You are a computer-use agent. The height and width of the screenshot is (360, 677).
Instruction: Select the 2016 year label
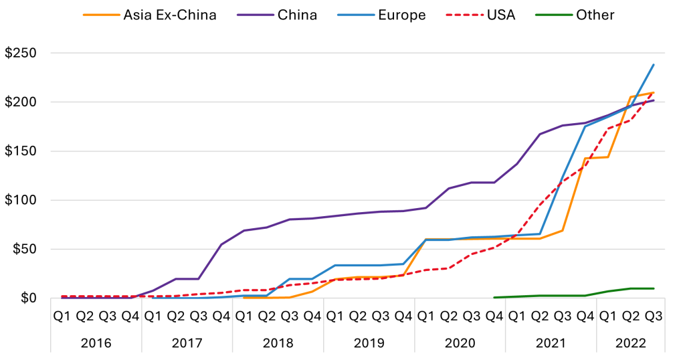96,343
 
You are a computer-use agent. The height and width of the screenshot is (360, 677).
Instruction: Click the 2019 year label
369,343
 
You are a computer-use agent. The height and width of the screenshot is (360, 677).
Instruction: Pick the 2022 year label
631,343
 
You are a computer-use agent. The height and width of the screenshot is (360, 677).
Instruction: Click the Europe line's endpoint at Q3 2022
654,65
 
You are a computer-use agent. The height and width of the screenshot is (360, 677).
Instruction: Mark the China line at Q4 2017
221,244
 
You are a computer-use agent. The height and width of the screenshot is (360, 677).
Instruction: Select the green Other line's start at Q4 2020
494,297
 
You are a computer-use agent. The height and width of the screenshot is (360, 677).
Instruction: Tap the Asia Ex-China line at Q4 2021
585,159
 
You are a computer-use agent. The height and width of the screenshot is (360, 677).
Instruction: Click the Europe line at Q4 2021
585,126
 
